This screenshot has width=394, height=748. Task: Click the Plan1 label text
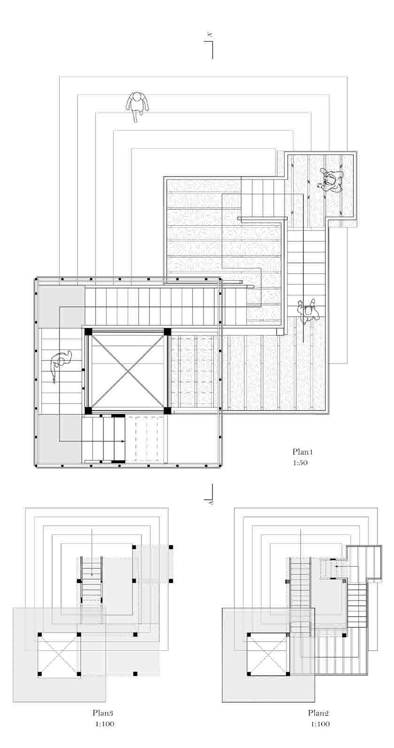point(302,452)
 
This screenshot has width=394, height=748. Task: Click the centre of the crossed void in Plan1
point(128,371)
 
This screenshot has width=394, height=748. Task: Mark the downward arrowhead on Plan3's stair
point(92,576)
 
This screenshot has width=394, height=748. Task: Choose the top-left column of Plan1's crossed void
point(88,332)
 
